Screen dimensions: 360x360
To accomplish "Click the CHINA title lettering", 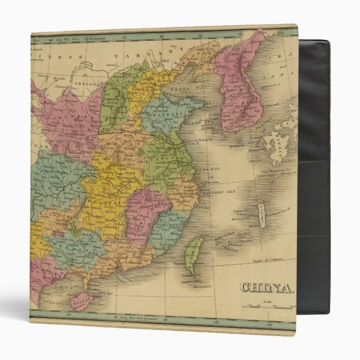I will (267, 287).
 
